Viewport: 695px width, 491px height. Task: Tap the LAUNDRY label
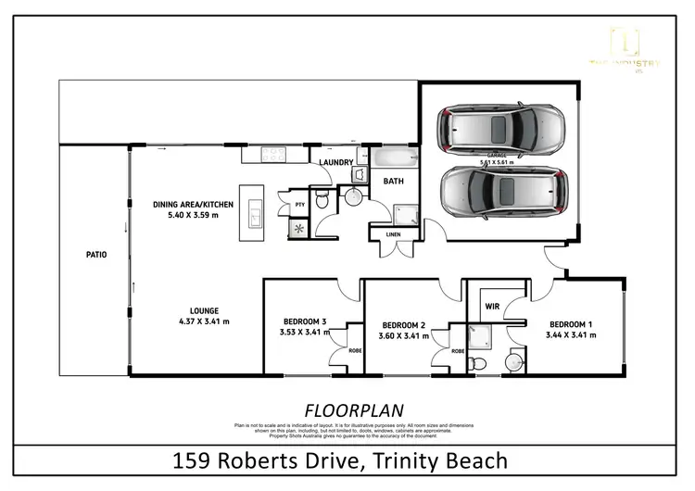pyautogui.click(x=335, y=163)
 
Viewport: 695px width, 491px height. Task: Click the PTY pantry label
pyautogui.click(x=300, y=205)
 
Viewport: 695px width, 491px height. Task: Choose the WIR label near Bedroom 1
pyautogui.click(x=492, y=305)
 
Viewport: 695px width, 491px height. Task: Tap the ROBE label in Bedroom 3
pyautogui.click(x=356, y=351)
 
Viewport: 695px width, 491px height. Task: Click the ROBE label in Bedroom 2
pyautogui.click(x=458, y=351)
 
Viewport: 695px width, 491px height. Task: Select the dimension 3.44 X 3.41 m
pyautogui.click(x=570, y=334)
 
